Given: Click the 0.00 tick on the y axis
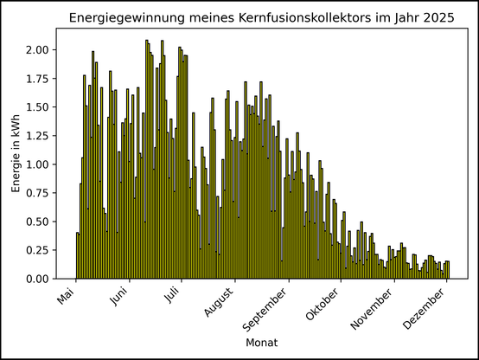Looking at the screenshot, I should (x=38, y=280).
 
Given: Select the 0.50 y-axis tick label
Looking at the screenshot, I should (x=38, y=222).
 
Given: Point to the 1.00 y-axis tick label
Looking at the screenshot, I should (x=38, y=164).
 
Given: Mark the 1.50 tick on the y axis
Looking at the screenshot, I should (x=38, y=107).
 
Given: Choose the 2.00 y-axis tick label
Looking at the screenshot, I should (x=38, y=50).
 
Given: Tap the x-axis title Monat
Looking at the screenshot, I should (x=261, y=344).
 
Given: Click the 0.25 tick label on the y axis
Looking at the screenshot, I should (x=38, y=251).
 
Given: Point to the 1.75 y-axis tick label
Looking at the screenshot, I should (x=38, y=79).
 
